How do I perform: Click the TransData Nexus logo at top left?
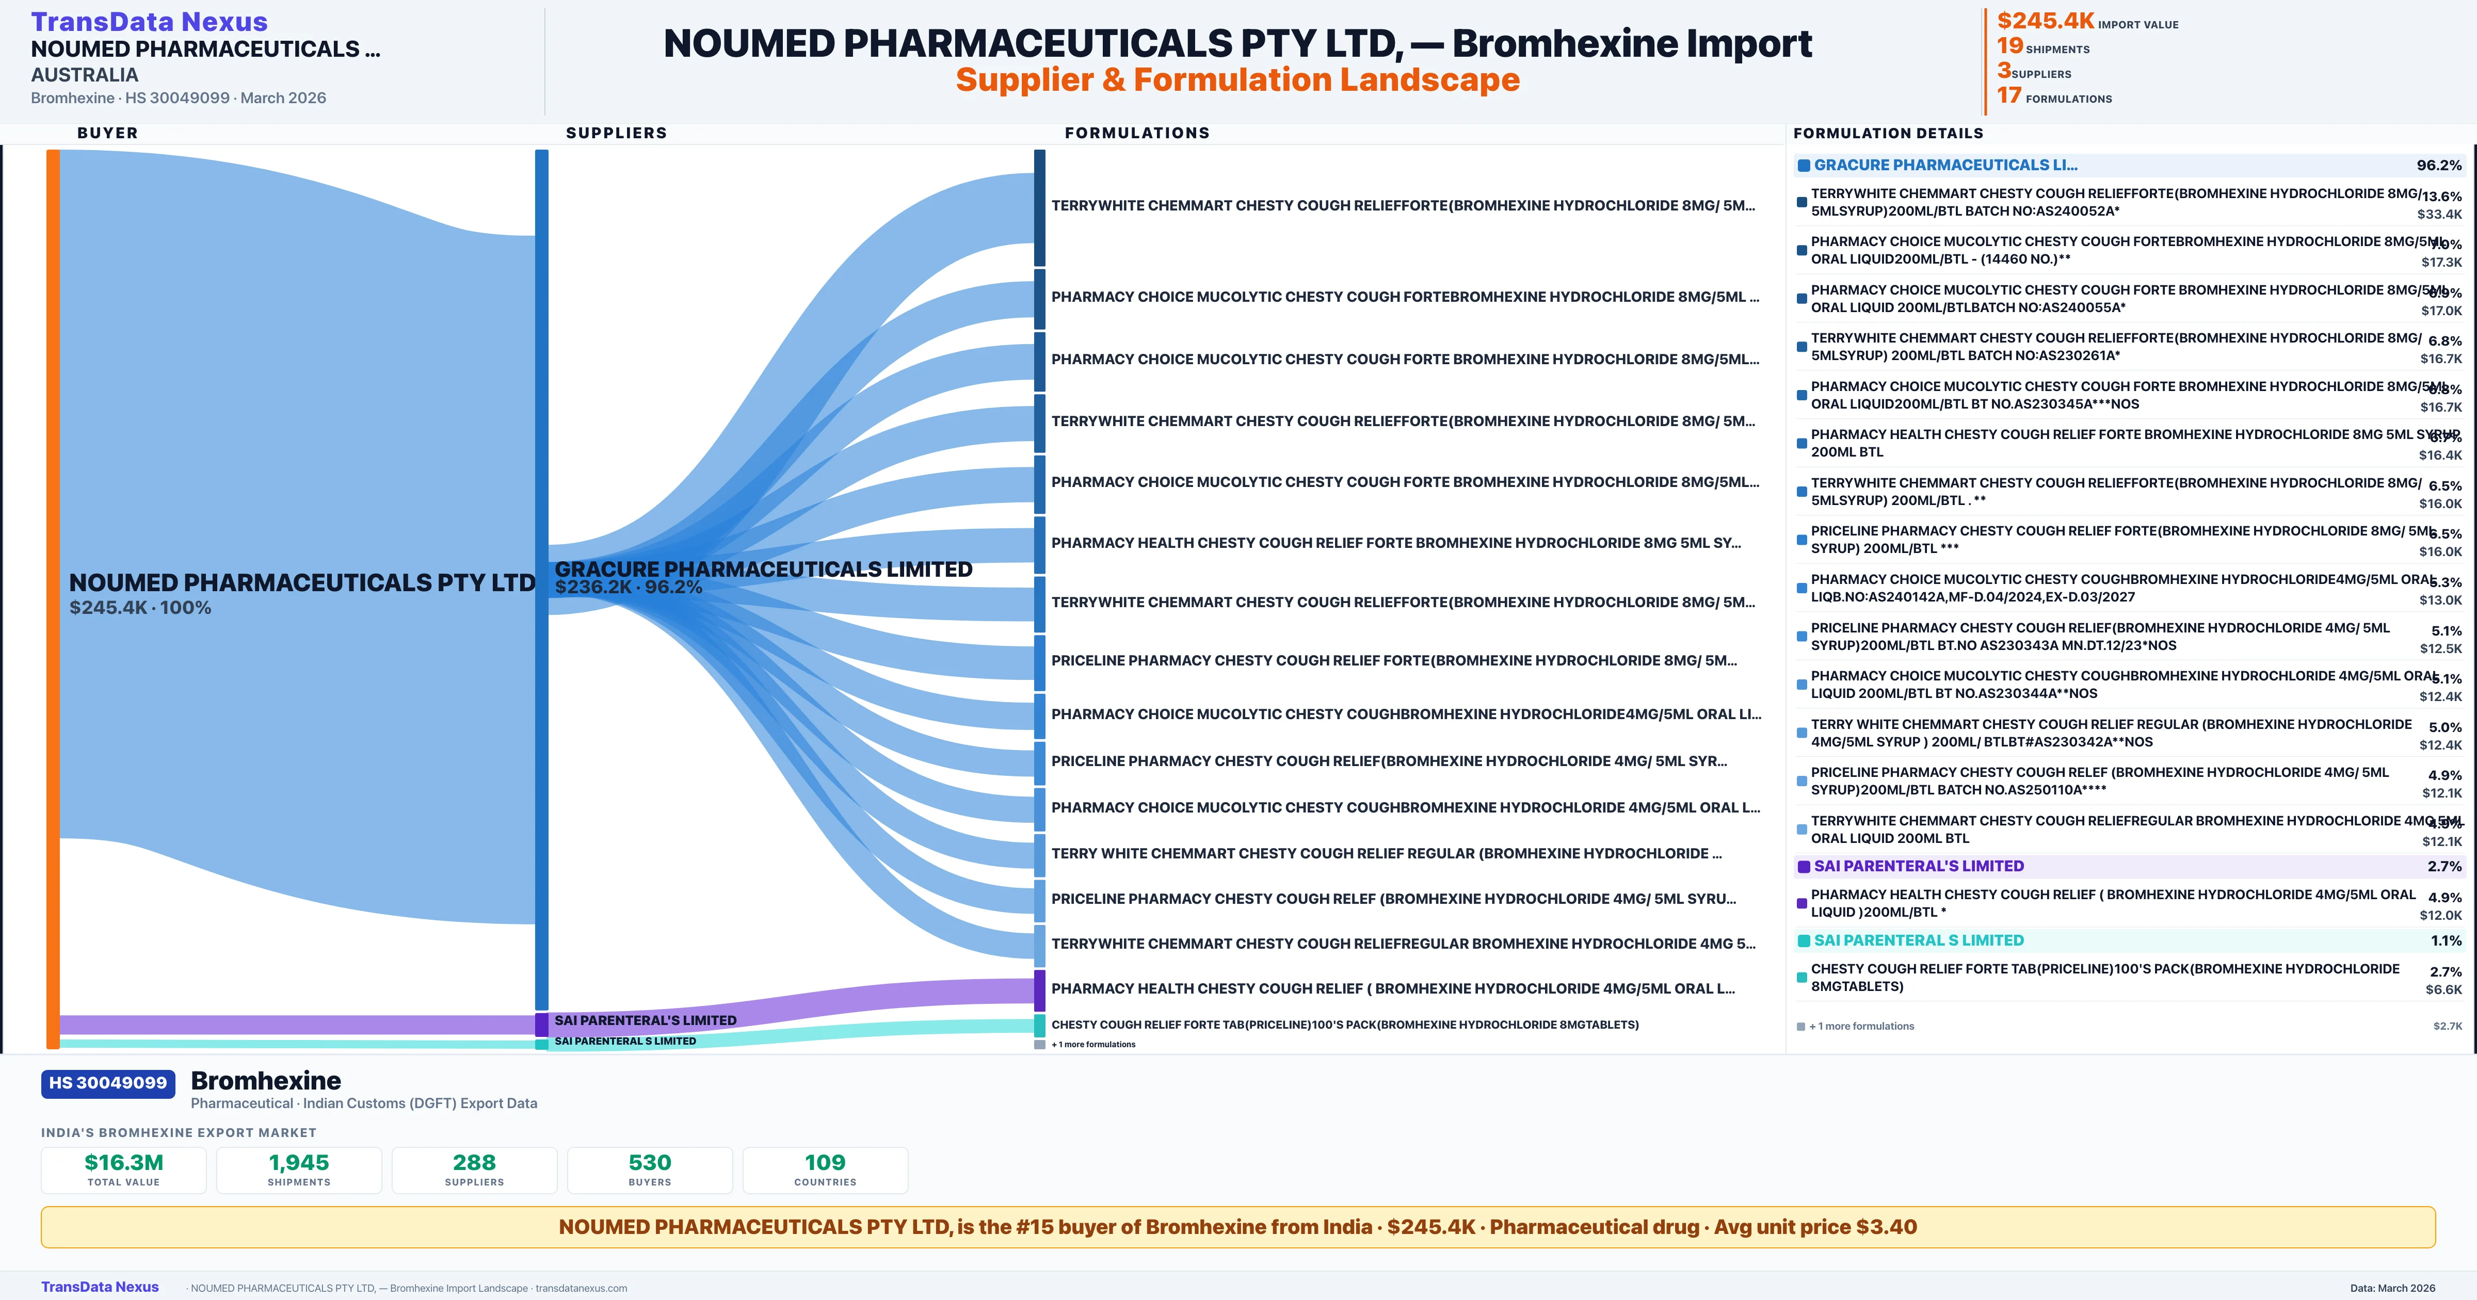pyautogui.click(x=149, y=21)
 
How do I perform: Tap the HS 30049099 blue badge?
pyautogui.click(x=108, y=1083)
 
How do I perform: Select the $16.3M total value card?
pyautogui.click(x=124, y=1169)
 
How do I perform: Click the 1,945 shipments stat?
pyautogui.click(x=299, y=1169)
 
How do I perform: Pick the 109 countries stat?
pyautogui.click(x=825, y=1169)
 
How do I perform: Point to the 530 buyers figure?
pyautogui.click(x=650, y=1169)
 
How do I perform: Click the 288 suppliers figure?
pyautogui.click(x=474, y=1169)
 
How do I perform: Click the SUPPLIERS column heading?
pyautogui.click(x=616, y=133)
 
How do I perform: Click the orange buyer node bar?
pyautogui.click(x=53, y=596)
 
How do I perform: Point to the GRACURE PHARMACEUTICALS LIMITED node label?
pyautogui.click(x=764, y=569)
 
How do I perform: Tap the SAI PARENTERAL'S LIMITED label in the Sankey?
pyautogui.click(x=645, y=1020)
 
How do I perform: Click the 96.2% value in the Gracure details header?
pyautogui.click(x=2438, y=166)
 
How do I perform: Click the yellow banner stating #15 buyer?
pyautogui.click(x=1237, y=1227)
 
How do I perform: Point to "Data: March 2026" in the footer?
pyautogui.click(x=2392, y=1288)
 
